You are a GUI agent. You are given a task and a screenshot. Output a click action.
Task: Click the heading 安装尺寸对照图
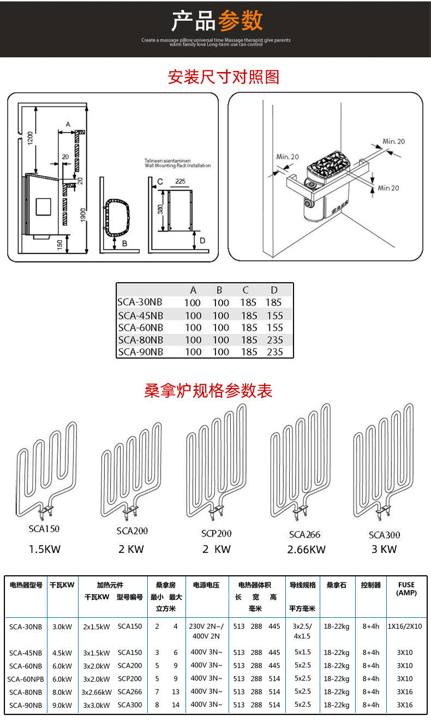tap(223, 77)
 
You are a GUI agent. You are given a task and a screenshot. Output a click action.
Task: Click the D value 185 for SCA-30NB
tap(274, 302)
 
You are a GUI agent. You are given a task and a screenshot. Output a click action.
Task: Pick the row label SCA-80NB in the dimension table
tap(140, 340)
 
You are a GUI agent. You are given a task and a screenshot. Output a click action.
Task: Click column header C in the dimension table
tap(246, 290)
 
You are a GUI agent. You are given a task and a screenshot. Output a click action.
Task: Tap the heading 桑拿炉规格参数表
tap(208, 391)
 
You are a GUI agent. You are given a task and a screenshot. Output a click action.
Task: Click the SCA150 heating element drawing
tap(45, 469)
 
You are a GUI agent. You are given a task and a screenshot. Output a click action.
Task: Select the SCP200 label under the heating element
tap(217, 533)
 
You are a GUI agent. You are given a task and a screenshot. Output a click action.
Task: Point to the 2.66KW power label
tap(306, 550)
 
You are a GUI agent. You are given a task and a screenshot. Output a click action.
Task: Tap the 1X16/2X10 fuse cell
tap(405, 627)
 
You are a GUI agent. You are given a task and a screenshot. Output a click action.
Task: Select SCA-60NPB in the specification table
tap(25, 678)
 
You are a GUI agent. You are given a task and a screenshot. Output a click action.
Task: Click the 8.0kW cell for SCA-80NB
tap(62, 692)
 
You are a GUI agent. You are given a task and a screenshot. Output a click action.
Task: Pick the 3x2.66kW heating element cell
tap(97, 692)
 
